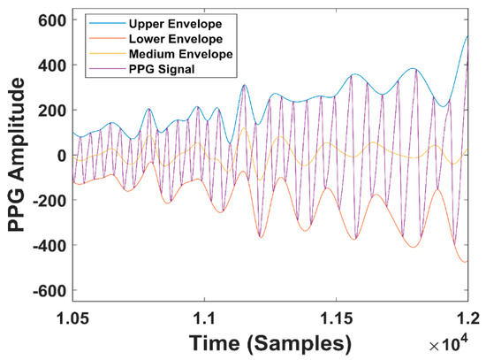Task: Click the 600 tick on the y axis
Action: [x=51, y=21]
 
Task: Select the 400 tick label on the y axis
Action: [x=51, y=65]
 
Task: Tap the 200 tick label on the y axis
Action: [x=51, y=111]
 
